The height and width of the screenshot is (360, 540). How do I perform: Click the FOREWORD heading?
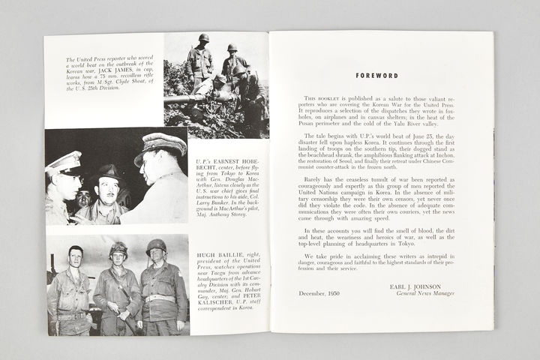point(377,76)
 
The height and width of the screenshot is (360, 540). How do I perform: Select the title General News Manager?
point(415,293)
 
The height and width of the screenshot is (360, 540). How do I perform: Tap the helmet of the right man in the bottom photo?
point(156,246)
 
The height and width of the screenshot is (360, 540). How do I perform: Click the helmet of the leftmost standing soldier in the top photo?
point(203,38)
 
